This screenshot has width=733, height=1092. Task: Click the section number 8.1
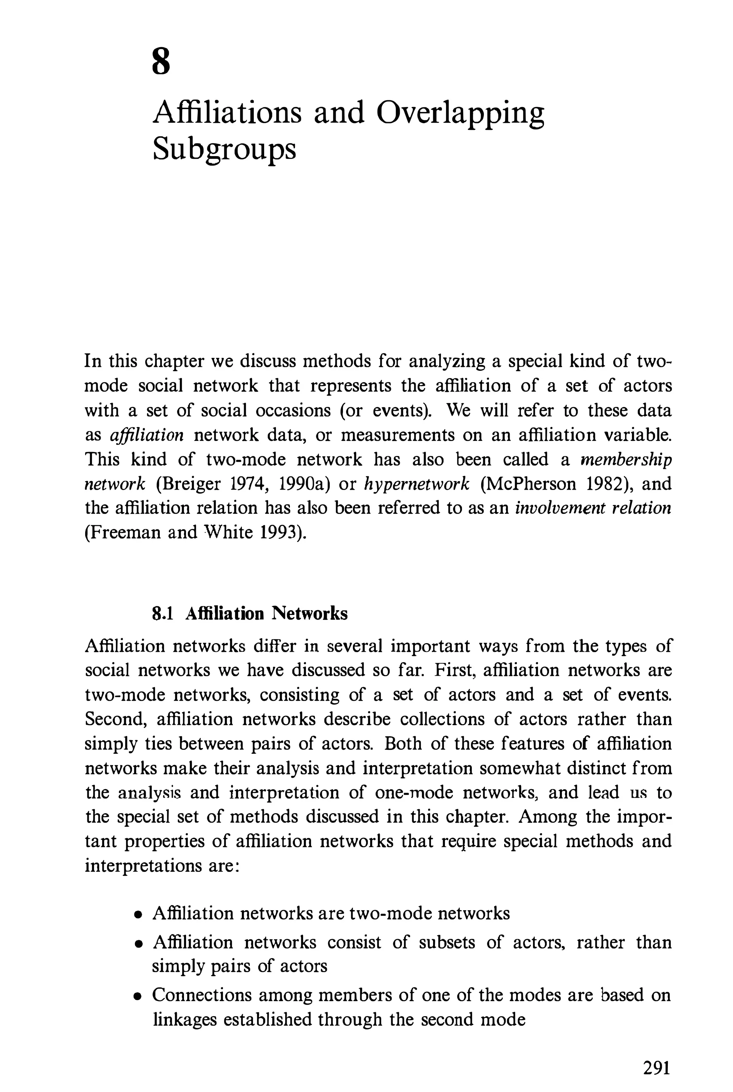[x=163, y=614]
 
